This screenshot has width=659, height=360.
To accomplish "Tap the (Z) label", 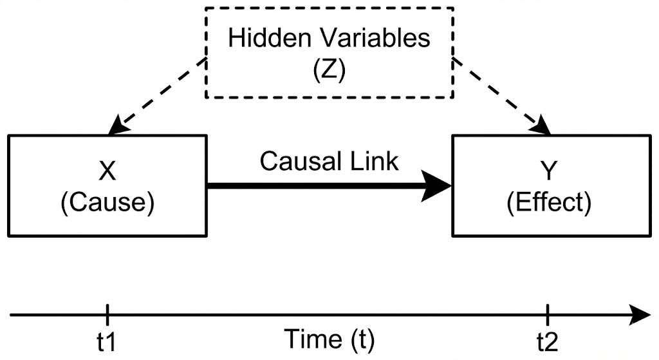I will point(329,70).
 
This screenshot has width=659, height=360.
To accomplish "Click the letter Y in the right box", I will point(549,171).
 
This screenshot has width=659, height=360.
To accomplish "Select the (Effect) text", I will point(549,202).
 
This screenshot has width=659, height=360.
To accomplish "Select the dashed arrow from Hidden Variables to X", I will point(158,96).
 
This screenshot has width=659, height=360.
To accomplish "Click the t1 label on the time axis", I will point(108,342).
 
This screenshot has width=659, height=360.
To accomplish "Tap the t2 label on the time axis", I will point(548,342).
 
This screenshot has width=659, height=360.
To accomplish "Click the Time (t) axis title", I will point(329,339).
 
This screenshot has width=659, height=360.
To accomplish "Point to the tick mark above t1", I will point(108,316).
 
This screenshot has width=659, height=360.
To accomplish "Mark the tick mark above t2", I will point(548,316).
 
